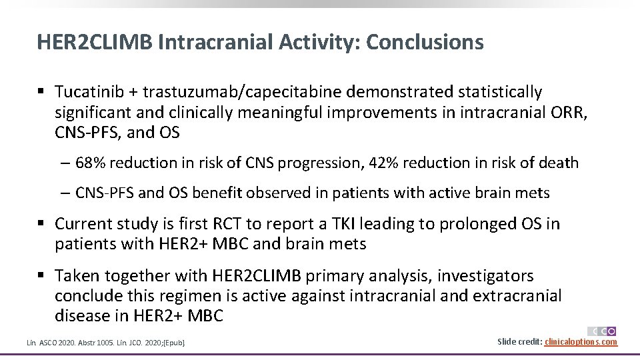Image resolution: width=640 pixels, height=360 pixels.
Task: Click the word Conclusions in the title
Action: (425, 42)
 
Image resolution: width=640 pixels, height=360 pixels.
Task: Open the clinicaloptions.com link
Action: (581, 342)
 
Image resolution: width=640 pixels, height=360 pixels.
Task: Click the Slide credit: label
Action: (520, 342)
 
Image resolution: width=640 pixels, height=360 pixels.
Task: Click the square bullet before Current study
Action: (41, 223)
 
